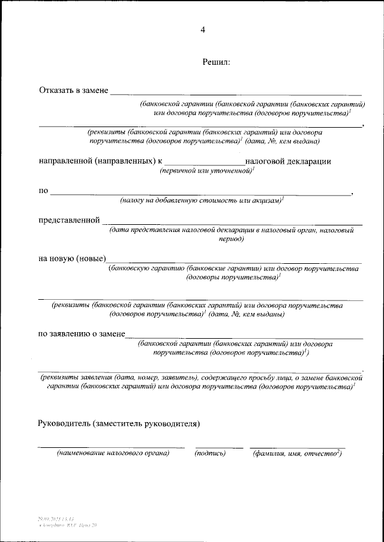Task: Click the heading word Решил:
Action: pyautogui.click(x=217, y=62)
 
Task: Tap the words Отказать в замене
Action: pyautogui.click(x=73, y=91)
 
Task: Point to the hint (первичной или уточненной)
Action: pyautogui.click(x=207, y=171)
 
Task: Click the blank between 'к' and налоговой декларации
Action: pyautogui.click(x=205, y=164)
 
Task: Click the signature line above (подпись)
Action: pyautogui.click(x=219, y=447)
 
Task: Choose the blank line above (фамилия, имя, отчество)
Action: pyautogui.click(x=297, y=447)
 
